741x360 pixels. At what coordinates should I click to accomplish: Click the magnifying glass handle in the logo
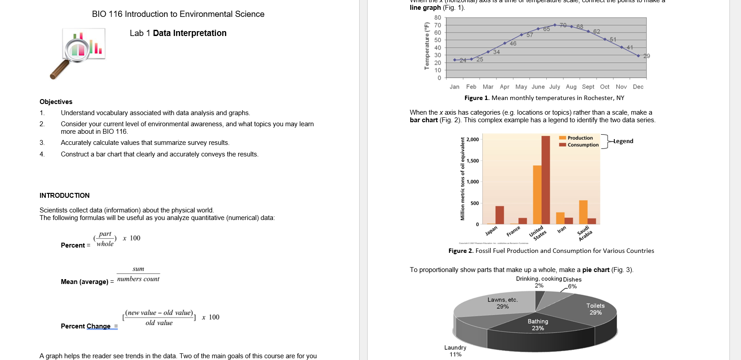(59, 70)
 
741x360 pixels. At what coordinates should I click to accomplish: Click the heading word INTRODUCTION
(64, 196)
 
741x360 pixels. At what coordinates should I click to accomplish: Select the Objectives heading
(56, 102)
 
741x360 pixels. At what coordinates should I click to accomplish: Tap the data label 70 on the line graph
(563, 25)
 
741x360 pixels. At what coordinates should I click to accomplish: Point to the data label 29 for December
(646, 56)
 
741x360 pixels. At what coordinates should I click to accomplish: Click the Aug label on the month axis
(571, 87)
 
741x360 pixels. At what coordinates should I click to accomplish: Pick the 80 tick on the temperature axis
(438, 18)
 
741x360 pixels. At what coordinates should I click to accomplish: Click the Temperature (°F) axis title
(427, 46)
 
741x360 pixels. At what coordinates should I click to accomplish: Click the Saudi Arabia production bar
(583, 212)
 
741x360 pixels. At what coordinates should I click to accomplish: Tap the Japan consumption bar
(500, 215)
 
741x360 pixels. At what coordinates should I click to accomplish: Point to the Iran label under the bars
(561, 229)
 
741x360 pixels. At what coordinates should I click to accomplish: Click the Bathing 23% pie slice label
(538, 324)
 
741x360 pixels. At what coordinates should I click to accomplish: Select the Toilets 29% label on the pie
(595, 309)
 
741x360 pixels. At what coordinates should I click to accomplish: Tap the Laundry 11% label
(455, 351)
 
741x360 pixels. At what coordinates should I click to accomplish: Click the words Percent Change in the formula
(86, 326)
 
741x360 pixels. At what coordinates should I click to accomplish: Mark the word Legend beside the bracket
(623, 141)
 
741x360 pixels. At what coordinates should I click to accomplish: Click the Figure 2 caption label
(461, 251)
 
